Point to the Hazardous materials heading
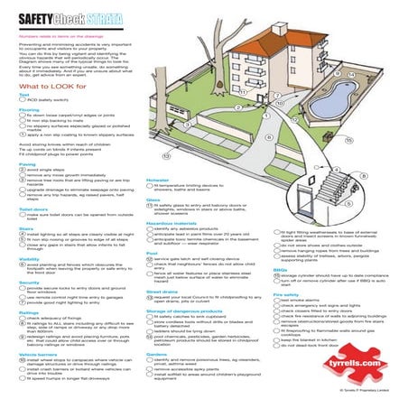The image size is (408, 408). (x=171, y=221)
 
